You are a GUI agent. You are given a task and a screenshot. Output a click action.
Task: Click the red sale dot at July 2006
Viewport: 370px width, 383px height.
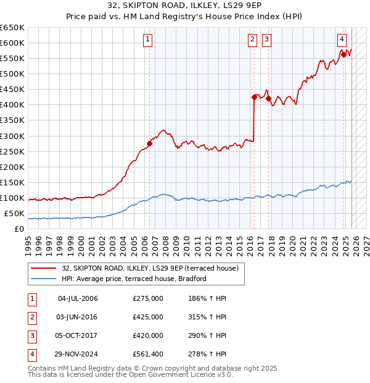(x=149, y=143)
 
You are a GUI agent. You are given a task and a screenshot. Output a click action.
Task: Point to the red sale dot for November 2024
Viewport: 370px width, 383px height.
(x=343, y=54)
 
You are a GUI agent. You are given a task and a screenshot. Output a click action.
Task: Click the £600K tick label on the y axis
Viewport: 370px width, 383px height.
(x=12, y=43)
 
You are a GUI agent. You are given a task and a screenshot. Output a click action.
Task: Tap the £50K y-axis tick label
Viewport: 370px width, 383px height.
(x=14, y=214)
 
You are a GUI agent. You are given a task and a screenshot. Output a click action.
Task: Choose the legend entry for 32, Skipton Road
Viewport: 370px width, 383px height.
(x=145, y=267)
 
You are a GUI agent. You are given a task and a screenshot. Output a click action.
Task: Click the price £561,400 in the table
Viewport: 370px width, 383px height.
(x=148, y=354)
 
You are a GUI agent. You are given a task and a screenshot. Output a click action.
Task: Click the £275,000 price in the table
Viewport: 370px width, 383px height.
(x=148, y=298)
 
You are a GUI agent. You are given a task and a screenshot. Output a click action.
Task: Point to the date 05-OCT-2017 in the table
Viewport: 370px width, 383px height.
(x=77, y=335)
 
